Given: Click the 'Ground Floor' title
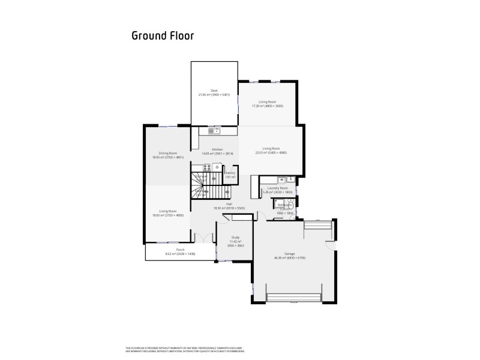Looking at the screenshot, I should [x=162, y=35].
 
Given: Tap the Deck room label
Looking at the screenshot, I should [x=214, y=92].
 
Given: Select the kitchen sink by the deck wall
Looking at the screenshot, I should [x=214, y=131].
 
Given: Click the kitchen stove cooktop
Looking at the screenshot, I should [x=216, y=167].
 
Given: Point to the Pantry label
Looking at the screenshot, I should [x=230, y=175].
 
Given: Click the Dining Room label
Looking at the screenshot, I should [x=167, y=155].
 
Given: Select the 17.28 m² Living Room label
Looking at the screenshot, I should [x=266, y=104].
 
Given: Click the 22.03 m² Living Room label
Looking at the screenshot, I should [x=271, y=151].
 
